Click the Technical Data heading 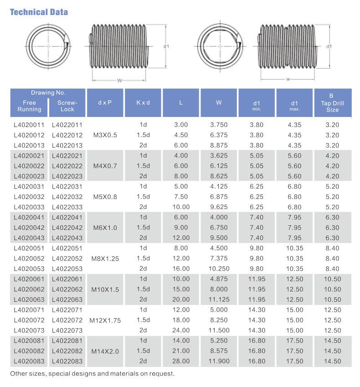(x=39, y=12)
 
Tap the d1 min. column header (x=257, y=105)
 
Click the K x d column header (x=143, y=102)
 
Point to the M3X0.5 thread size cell (x=105, y=135)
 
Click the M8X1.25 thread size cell (x=106, y=258)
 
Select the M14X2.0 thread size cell (x=105, y=351)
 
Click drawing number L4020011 (x=29, y=124)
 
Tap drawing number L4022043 (x=67, y=238)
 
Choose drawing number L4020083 (x=29, y=362)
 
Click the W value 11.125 (x=219, y=300)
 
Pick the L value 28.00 (x=181, y=362)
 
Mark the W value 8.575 (x=219, y=351)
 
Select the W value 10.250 (x=219, y=269)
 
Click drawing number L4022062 (x=67, y=289)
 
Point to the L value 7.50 (x=181, y=197)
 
